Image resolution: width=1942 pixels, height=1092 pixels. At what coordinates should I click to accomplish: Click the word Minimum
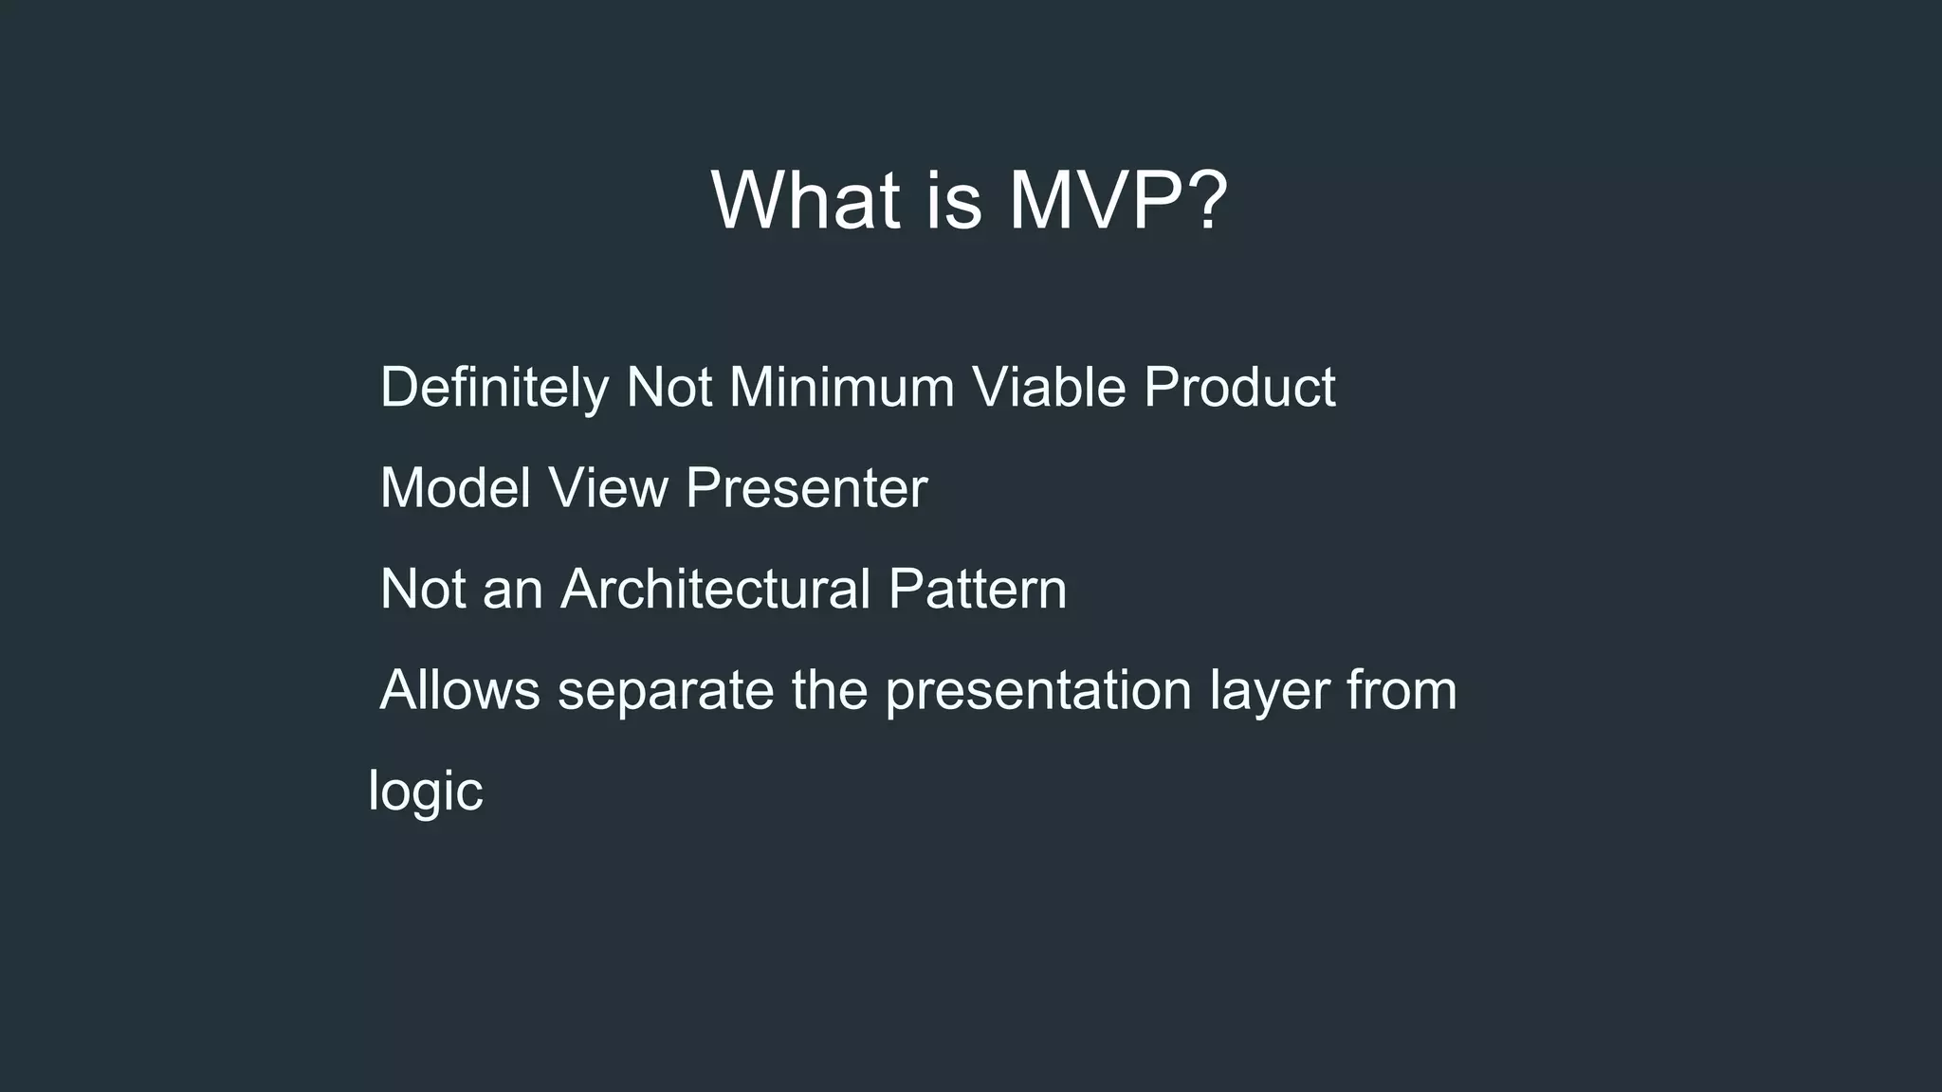[x=841, y=388]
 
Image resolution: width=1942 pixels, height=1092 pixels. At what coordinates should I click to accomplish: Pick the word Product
[x=1239, y=388]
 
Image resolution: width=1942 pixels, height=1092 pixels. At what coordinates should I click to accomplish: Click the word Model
[x=455, y=488]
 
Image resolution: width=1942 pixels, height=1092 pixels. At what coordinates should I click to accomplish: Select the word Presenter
[x=806, y=488]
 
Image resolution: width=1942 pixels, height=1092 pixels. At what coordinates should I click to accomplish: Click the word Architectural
[x=715, y=590]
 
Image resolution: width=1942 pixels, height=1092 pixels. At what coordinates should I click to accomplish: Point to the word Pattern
[x=978, y=590]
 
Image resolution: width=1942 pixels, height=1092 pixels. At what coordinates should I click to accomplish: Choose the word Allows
[x=460, y=690]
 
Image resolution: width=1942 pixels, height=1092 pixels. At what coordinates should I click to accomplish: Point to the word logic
[x=426, y=792]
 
